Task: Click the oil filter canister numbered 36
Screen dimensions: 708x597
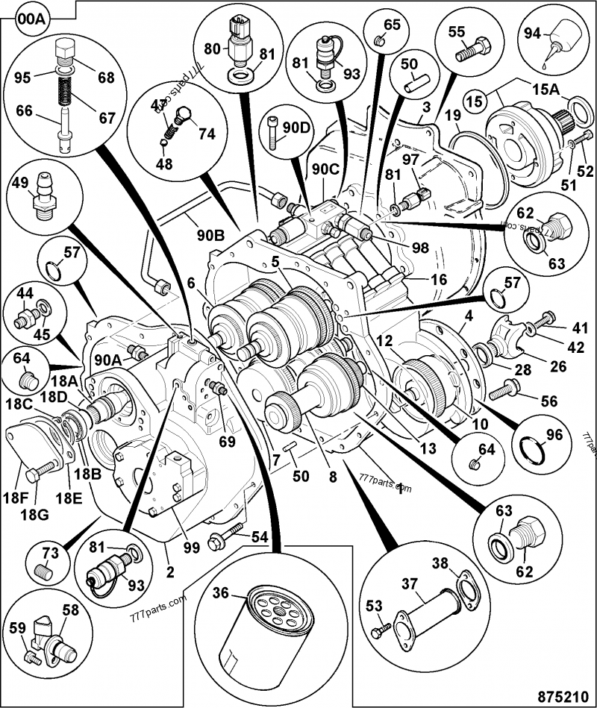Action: click(268, 633)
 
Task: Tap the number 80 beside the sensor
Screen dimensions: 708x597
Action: click(212, 49)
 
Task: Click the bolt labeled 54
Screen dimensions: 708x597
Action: click(228, 533)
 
